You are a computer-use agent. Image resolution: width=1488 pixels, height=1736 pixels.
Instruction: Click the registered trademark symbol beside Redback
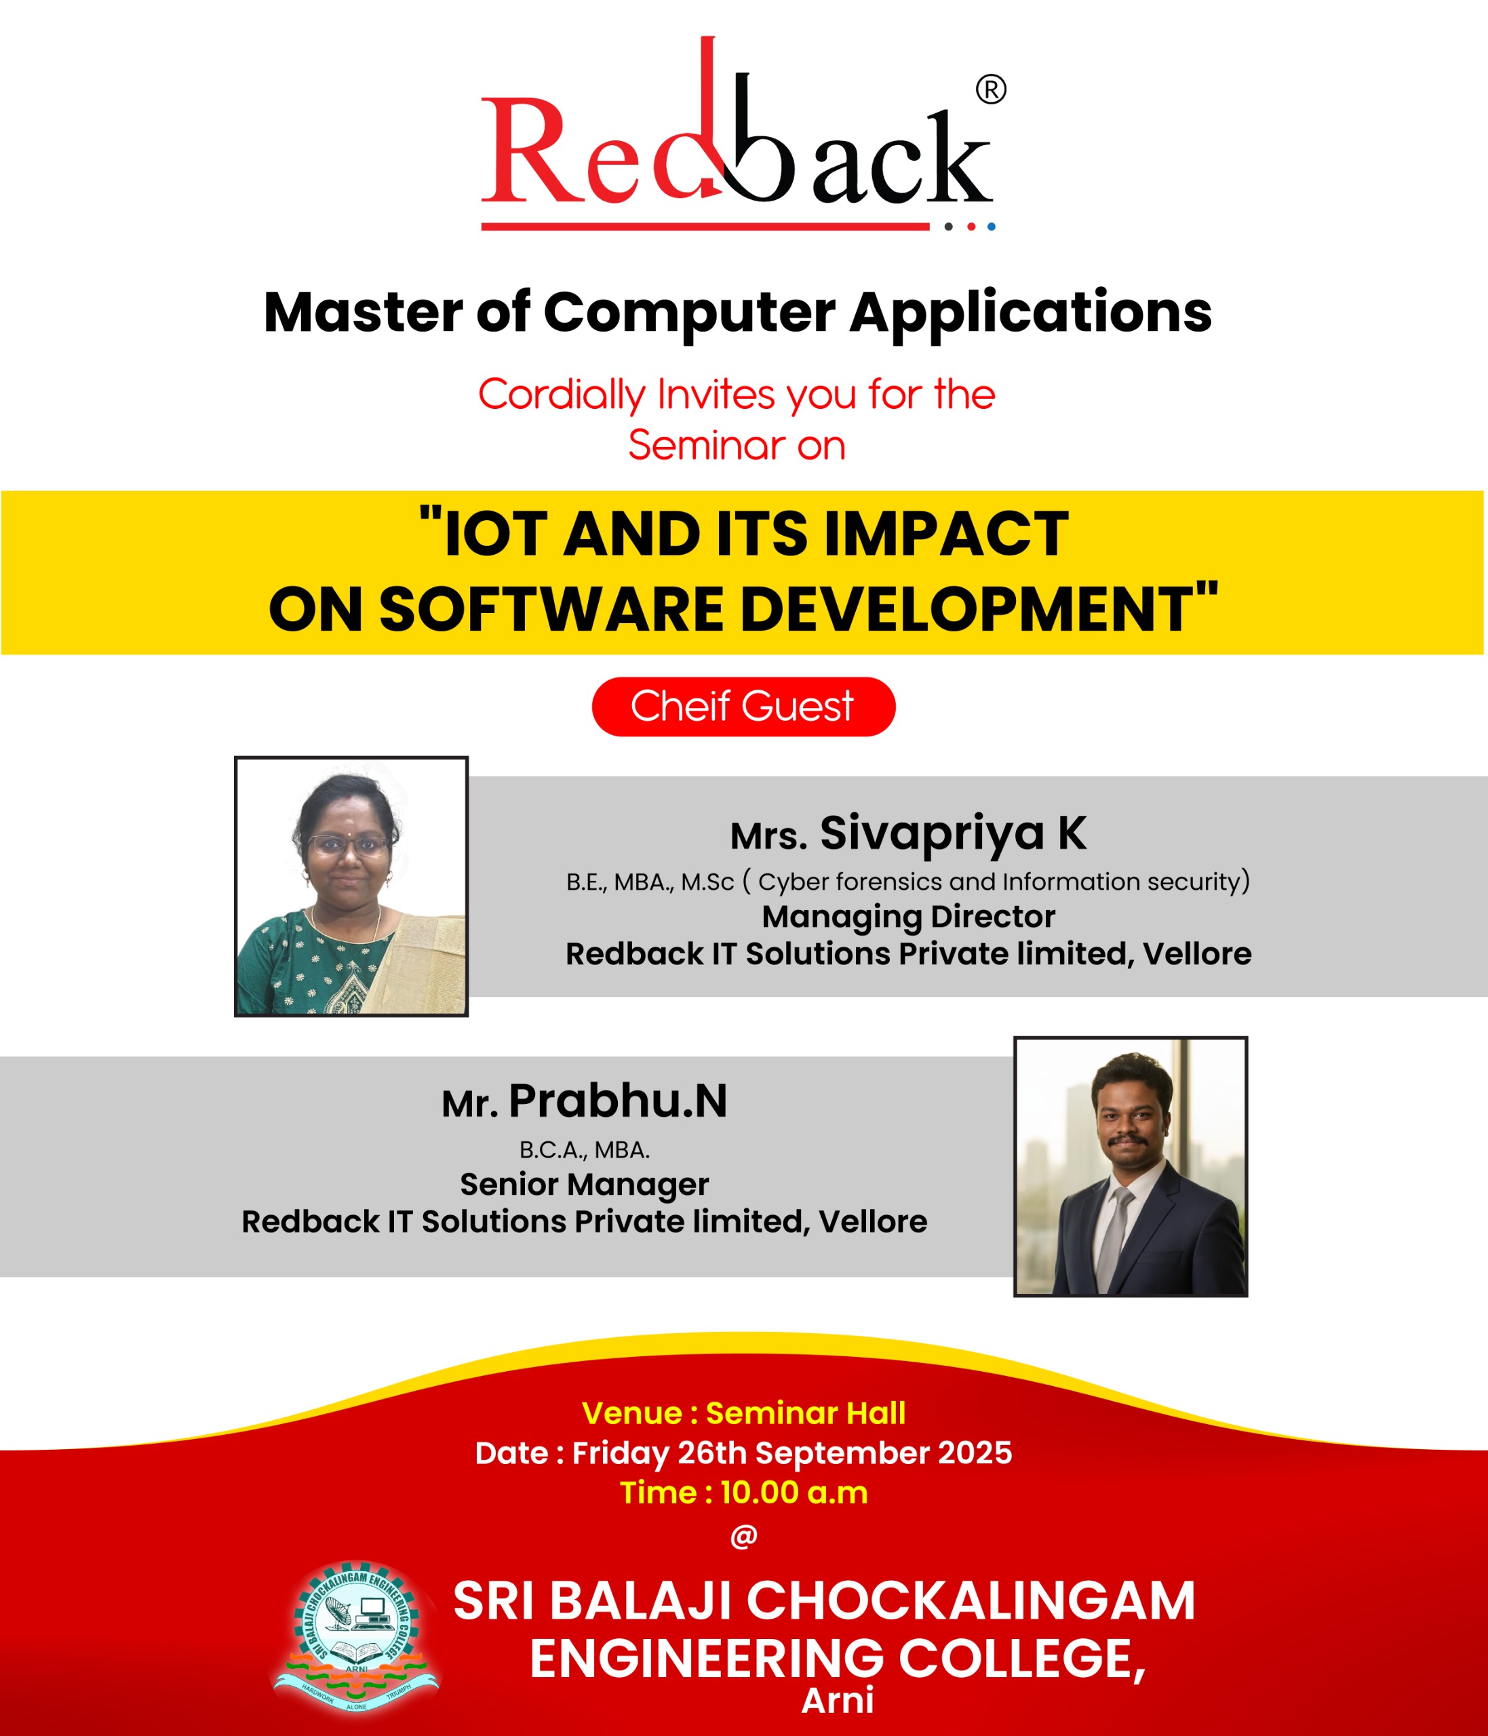[x=990, y=89]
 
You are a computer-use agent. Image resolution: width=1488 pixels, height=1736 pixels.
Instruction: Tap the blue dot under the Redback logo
[x=991, y=226]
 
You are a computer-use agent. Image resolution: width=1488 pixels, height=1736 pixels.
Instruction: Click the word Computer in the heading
[x=688, y=313]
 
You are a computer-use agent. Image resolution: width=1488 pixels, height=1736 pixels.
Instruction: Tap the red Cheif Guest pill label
[x=743, y=707]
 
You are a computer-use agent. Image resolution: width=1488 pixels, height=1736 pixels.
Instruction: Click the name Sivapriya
[x=932, y=833]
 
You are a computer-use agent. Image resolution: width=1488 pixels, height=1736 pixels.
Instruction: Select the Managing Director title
[x=908, y=917]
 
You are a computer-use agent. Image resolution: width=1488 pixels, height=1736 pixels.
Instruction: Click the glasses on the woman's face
[x=347, y=844]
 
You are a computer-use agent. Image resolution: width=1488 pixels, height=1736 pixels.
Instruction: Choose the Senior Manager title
[x=584, y=1184]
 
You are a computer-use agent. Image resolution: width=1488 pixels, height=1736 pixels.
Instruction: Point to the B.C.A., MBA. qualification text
[x=584, y=1149]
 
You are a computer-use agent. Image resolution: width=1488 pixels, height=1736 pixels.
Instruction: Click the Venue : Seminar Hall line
[x=743, y=1413]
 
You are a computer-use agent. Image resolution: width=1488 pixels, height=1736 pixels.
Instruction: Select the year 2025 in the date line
[x=975, y=1453]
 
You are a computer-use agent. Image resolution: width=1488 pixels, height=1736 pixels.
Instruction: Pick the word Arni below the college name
[x=837, y=1700]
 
